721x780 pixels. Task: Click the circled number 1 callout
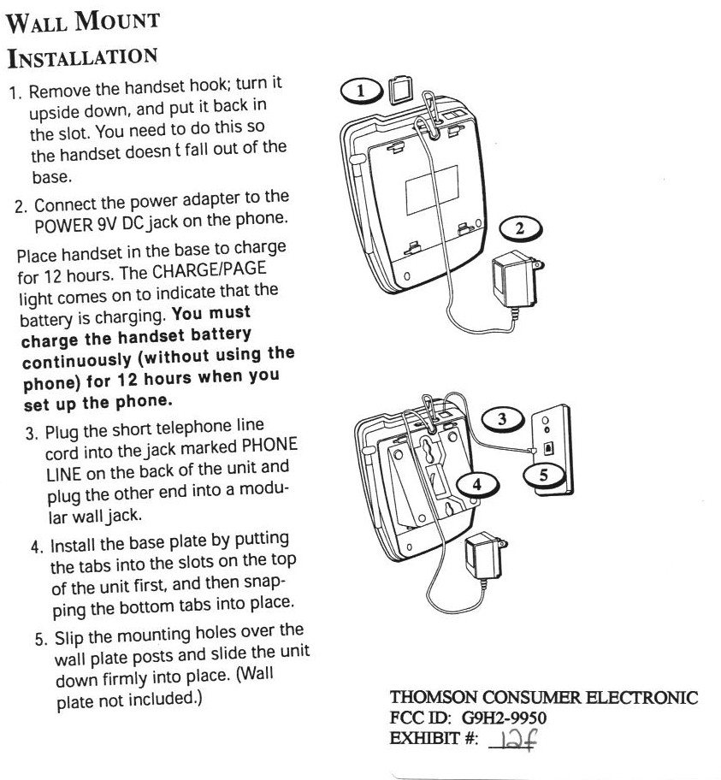(x=360, y=91)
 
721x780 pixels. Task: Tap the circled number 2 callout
(x=521, y=228)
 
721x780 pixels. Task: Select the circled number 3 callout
(x=503, y=419)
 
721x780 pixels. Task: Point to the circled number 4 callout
(x=476, y=485)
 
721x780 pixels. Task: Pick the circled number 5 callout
(x=544, y=475)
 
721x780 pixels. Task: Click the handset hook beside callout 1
(x=399, y=90)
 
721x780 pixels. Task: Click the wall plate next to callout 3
(x=553, y=449)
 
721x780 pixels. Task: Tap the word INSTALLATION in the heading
(x=83, y=57)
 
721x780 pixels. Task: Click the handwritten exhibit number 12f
(x=517, y=740)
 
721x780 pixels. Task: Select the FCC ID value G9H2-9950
(x=504, y=718)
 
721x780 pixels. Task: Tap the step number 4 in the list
(x=36, y=547)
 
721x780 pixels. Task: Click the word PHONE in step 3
(x=269, y=446)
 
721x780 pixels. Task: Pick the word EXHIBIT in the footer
(x=425, y=738)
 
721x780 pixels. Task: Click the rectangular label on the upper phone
(x=432, y=190)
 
